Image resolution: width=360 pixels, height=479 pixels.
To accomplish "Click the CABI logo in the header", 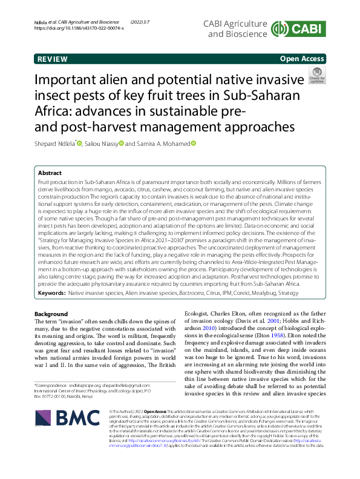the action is point(299,28).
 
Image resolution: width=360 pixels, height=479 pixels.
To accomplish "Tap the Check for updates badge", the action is point(316,76).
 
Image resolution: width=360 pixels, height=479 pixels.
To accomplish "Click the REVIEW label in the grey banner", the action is point(52,59).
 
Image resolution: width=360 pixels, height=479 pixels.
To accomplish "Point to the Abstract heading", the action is point(50,173).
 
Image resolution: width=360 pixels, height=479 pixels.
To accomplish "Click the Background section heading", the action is point(51,314).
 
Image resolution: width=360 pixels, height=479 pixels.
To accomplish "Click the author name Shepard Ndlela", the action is point(55,144).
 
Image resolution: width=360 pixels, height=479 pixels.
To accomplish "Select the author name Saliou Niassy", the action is point(102,144).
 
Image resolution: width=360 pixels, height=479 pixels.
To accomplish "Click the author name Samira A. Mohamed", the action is point(163,144).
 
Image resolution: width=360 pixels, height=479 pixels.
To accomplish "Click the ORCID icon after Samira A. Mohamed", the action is point(194,144).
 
